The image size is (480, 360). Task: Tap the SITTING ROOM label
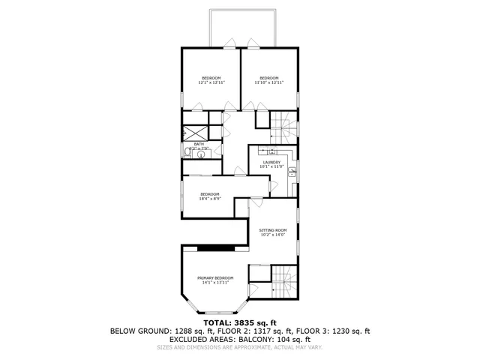tap(273, 230)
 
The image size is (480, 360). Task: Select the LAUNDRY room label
tap(271, 163)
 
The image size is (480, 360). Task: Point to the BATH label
tap(199, 144)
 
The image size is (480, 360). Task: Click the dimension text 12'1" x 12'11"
tap(211, 83)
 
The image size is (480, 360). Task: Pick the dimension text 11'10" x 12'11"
tap(269, 83)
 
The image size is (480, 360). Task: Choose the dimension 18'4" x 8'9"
tap(209, 199)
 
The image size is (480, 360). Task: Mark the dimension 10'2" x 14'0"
tap(273, 235)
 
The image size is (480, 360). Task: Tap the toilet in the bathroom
tap(186, 152)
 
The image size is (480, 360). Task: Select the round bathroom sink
tap(199, 153)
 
